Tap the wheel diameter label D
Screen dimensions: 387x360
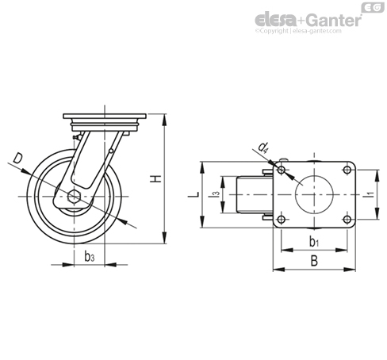pyautogui.click(x=18, y=159)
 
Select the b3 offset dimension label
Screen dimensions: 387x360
pyautogui.click(x=90, y=256)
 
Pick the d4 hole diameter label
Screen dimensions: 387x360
pyautogui.click(x=263, y=147)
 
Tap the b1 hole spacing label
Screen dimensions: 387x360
pyautogui.click(x=314, y=242)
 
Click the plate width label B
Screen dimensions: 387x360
pyautogui.click(x=314, y=261)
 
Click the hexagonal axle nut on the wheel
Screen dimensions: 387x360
pyautogui.click(x=75, y=197)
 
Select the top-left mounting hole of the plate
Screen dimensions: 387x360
pyautogui.click(x=282, y=170)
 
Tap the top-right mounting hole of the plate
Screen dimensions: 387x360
pyautogui.click(x=347, y=170)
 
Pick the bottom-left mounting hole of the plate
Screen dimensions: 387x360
pyautogui.click(x=282, y=219)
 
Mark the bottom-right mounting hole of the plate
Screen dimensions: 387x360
pyautogui.click(x=347, y=219)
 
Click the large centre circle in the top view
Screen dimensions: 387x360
pyautogui.click(x=314, y=175)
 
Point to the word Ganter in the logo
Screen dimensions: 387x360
pyautogui.click(x=334, y=20)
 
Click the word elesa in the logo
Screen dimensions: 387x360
pyautogui.click(x=275, y=21)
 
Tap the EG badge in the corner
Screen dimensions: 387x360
pyautogui.click(x=373, y=7)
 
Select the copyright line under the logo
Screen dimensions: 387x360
pyautogui.click(x=298, y=31)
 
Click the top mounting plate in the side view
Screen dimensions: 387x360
pyautogui.click(x=105, y=117)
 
